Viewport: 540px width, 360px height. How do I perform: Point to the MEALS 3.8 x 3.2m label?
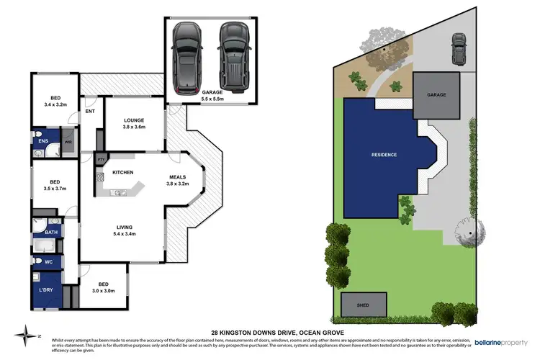[179, 180]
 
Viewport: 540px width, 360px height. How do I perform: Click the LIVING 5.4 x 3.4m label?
[127, 230]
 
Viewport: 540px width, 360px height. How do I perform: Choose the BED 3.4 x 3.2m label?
[55, 101]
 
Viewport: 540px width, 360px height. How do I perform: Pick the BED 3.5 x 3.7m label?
[55, 186]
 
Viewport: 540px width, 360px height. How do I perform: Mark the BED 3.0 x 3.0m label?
[103, 287]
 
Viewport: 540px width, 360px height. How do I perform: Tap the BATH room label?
[50, 232]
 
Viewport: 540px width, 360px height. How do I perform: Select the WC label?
[49, 261]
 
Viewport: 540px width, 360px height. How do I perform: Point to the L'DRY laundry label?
[45, 289]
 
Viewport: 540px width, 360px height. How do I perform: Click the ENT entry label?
[90, 111]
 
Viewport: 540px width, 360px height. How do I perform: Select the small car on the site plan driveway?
[458, 48]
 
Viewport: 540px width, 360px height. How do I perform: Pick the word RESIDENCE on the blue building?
[384, 155]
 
